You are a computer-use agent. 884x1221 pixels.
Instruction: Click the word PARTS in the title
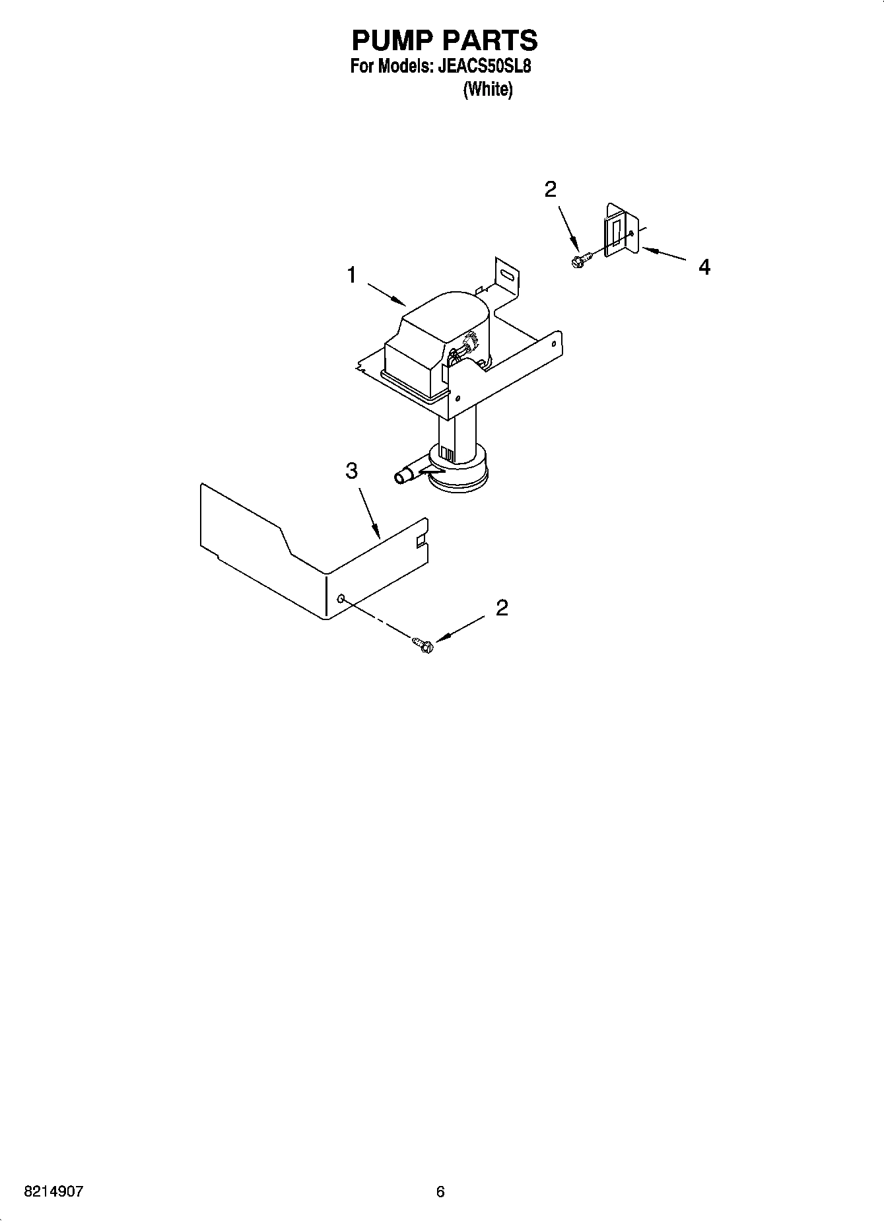click(491, 41)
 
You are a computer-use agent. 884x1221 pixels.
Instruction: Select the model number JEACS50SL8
click(484, 67)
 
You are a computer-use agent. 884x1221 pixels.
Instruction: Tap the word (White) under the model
click(487, 89)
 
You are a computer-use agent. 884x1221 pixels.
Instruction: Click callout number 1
click(352, 275)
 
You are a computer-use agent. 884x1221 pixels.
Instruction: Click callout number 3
click(352, 471)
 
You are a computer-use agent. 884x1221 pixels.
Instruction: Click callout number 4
click(704, 267)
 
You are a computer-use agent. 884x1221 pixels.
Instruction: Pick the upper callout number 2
click(550, 190)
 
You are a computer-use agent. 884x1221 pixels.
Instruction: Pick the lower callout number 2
click(502, 608)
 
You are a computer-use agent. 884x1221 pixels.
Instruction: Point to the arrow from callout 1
click(386, 295)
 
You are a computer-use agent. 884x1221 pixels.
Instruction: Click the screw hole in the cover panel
click(341, 598)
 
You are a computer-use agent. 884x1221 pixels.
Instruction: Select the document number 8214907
click(54, 1192)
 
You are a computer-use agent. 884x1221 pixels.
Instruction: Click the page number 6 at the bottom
click(440, 1192)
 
